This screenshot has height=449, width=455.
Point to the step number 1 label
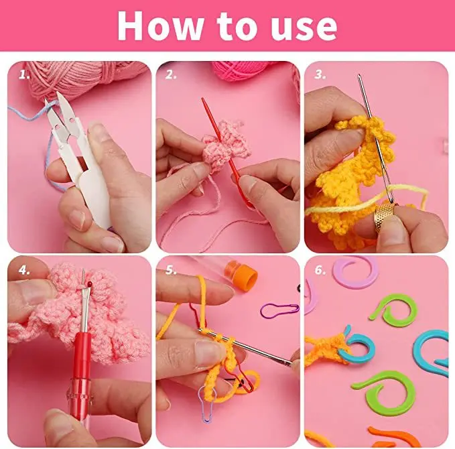coord(24,74)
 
